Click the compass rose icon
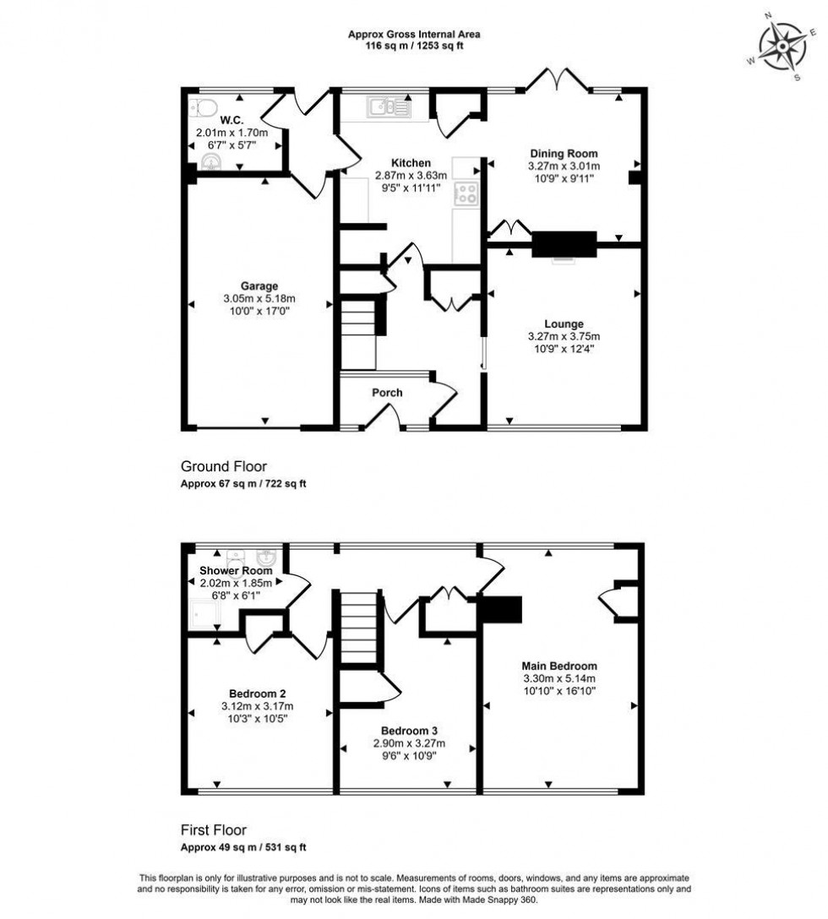782,46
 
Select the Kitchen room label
411,163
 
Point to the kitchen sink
389,107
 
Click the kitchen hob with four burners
466,193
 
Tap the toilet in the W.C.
203,106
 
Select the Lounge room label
564,324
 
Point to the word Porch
387,393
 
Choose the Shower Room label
236,571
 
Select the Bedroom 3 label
408,731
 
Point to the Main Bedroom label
558,666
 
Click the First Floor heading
214,830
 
